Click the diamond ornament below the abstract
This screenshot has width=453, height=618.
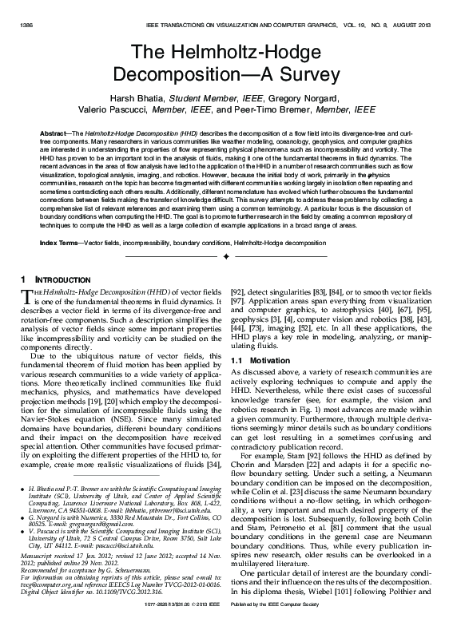coord(226,256)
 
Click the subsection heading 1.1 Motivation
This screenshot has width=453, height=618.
coord(260,360)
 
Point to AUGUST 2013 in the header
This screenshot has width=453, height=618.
coord(415,26)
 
